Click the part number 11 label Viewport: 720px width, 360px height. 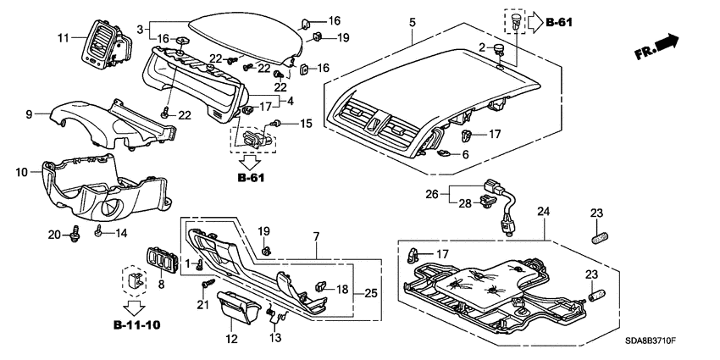62,38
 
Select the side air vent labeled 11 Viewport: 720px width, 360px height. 100,47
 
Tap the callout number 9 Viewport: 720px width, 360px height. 29,114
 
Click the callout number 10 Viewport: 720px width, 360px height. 23,172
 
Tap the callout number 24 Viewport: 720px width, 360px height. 543,211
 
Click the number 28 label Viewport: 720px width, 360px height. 464,203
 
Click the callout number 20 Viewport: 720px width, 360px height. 54,235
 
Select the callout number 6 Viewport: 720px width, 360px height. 465,155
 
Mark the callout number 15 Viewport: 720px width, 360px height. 306,125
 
